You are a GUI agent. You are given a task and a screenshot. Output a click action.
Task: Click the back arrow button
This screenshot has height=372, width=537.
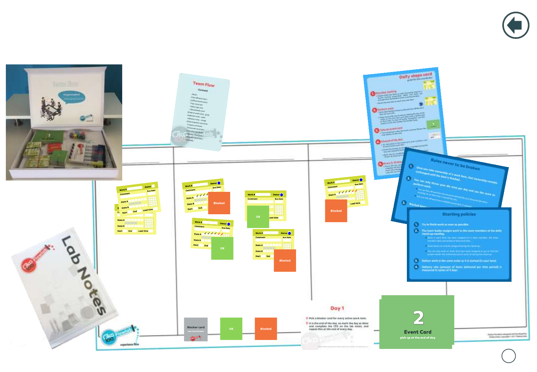coord(515,25)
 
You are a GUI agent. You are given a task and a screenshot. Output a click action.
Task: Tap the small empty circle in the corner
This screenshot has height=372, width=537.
coord(508,356)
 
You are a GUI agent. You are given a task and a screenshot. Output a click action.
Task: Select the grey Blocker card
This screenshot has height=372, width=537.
coord(196,329)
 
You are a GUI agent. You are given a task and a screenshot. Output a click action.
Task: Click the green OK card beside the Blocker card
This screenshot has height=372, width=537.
coord(231,329)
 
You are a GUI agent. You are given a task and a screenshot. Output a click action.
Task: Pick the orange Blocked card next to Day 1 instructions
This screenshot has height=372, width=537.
coord(266,329)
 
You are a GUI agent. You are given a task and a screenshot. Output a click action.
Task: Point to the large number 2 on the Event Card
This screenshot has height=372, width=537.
coord(418,318)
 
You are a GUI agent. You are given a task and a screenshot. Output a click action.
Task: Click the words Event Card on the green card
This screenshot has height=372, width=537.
coord(418,332)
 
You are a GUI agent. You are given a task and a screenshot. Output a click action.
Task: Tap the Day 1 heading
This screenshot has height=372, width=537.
coord(337,308)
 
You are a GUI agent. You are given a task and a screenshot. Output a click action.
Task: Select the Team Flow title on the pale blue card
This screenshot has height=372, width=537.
coord(203,84)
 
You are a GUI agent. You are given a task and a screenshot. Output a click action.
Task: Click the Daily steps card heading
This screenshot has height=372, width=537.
coord(415,75)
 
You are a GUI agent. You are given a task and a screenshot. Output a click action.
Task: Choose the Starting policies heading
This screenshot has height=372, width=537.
coord(459,214)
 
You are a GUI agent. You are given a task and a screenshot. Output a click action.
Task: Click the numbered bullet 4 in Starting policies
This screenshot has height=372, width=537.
coord(416,267)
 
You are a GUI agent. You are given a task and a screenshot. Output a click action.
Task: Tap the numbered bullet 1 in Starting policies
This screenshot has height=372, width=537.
coord(416,225)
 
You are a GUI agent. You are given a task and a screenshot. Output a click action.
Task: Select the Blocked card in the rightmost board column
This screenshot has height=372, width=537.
coord(336,211)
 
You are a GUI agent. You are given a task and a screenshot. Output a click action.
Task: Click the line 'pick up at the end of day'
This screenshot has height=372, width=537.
coord(418,338)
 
